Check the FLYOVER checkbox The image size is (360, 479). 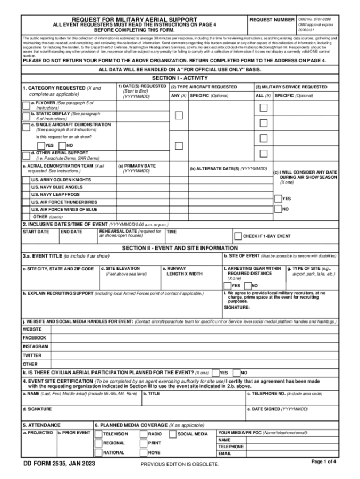pos(26,105)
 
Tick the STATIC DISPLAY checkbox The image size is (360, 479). pos(26,116)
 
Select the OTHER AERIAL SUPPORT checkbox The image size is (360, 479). pos(26,155)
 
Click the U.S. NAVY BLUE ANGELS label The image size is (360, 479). pos(57,187)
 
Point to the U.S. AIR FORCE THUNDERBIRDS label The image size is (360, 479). pos(64,202)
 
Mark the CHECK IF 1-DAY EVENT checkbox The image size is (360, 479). pos(238,236)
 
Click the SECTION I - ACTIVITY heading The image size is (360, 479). pos(180,78)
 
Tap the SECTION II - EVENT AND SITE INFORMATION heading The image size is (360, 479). pos(180,248)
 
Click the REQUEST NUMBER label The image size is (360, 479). pos(272,20)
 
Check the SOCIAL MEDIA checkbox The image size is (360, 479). pos(173,434)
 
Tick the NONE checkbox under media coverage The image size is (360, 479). pos(143,453)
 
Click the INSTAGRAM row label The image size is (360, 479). pos(35,346)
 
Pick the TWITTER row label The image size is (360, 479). pos(32,355)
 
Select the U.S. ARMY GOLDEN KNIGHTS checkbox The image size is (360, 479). pos(26,180)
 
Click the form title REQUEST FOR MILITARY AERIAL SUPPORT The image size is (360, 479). pos(134,20)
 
